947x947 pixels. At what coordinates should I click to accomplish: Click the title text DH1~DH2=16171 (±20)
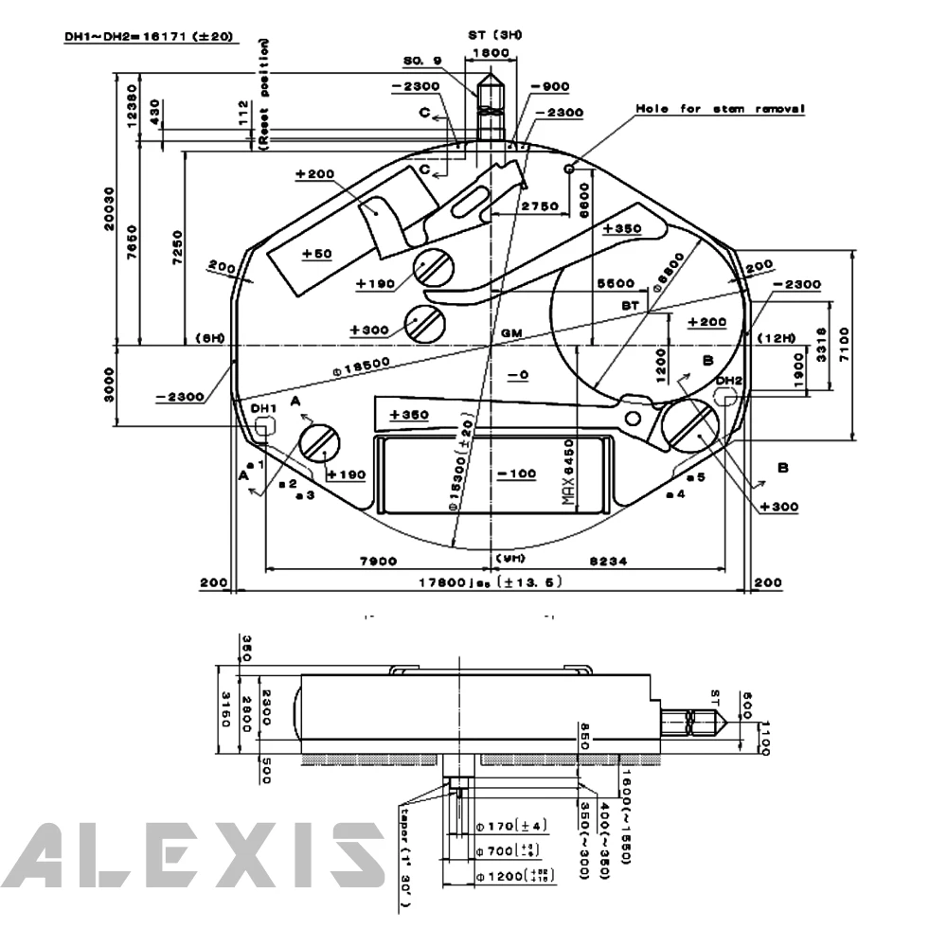pos(151,38)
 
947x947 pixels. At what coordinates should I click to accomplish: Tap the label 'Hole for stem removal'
pos(720,109)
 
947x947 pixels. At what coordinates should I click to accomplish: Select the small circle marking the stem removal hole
pos(570,169)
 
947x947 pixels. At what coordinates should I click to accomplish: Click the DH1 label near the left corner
pos(263,408)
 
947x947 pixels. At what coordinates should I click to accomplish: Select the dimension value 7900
pos(378,562)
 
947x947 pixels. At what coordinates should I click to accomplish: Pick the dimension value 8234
pos(606,562)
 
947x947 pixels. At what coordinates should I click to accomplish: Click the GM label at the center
pos(512,334)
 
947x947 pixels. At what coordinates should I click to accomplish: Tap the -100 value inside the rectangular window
pos(517,473)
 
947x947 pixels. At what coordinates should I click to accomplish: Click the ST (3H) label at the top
pos(494,35)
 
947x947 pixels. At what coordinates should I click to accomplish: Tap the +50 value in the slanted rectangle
pos(317,254)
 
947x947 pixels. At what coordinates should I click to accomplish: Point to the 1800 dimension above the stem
pos(491,54)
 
